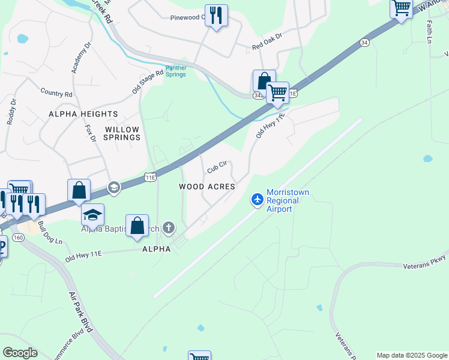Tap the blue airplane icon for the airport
[x=258, y=199]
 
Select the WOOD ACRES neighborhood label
[x=207, y=187]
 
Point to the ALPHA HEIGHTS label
[x=83, y=114]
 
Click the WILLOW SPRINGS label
[x=122, y=133]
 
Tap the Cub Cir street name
[x=217, y=167]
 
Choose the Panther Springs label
[x=176, y=71]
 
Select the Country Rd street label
[x=56, y=93]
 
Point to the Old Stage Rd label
[x=148, y=82]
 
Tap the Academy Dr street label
[x=80, y=58]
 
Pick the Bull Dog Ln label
[x=50, y=233]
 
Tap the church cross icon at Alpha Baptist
[x=169, y=227]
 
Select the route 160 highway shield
[x=18, y=237]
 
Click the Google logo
[x=20, y=353]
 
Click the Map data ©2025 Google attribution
[x=412, y=355]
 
